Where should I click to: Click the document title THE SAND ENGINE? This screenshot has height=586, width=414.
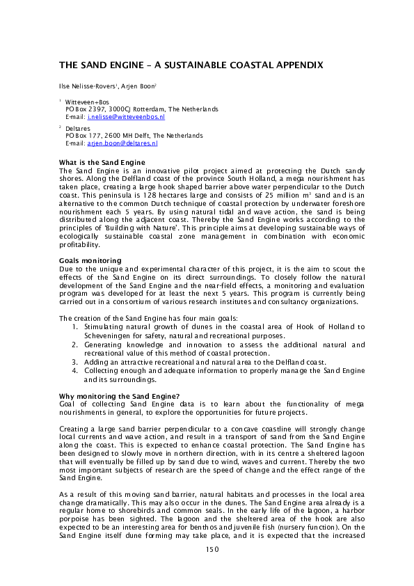pos(191,64)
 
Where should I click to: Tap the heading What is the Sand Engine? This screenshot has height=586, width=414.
pos(102,162)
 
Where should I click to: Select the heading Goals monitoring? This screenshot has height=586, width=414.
pos(90,260)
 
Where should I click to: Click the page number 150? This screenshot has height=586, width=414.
pos(212,548)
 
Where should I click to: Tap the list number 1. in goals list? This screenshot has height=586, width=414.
pos(76,326)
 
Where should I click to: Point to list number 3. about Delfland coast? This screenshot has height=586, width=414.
pos(76,362)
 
